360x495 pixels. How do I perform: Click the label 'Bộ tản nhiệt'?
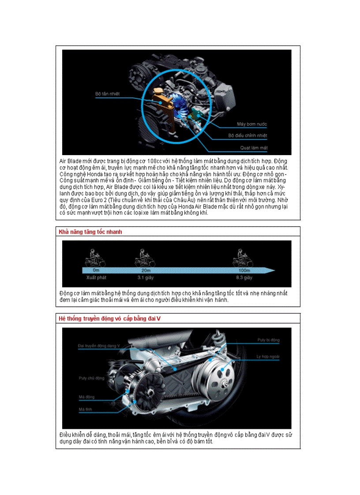[107, 94]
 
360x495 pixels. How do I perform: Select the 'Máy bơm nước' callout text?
[252, 124]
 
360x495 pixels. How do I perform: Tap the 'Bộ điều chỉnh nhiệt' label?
[247, 136]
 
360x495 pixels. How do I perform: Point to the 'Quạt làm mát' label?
[254, 148]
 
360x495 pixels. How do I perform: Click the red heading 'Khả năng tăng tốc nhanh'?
[90, 232]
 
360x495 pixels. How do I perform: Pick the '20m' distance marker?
[146, 270]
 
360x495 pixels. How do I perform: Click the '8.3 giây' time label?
[244, 278]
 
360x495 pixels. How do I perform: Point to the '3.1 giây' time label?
[145, 278]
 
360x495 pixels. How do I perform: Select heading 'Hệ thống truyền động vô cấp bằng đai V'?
[109, 318]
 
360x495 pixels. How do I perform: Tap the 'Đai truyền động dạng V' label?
[98, 346]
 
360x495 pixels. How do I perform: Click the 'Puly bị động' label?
[268, 340]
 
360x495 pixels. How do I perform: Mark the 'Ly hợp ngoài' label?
[268, 356]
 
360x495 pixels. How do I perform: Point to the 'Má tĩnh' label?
[85, 409]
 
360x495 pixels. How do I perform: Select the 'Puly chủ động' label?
[91, 378]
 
